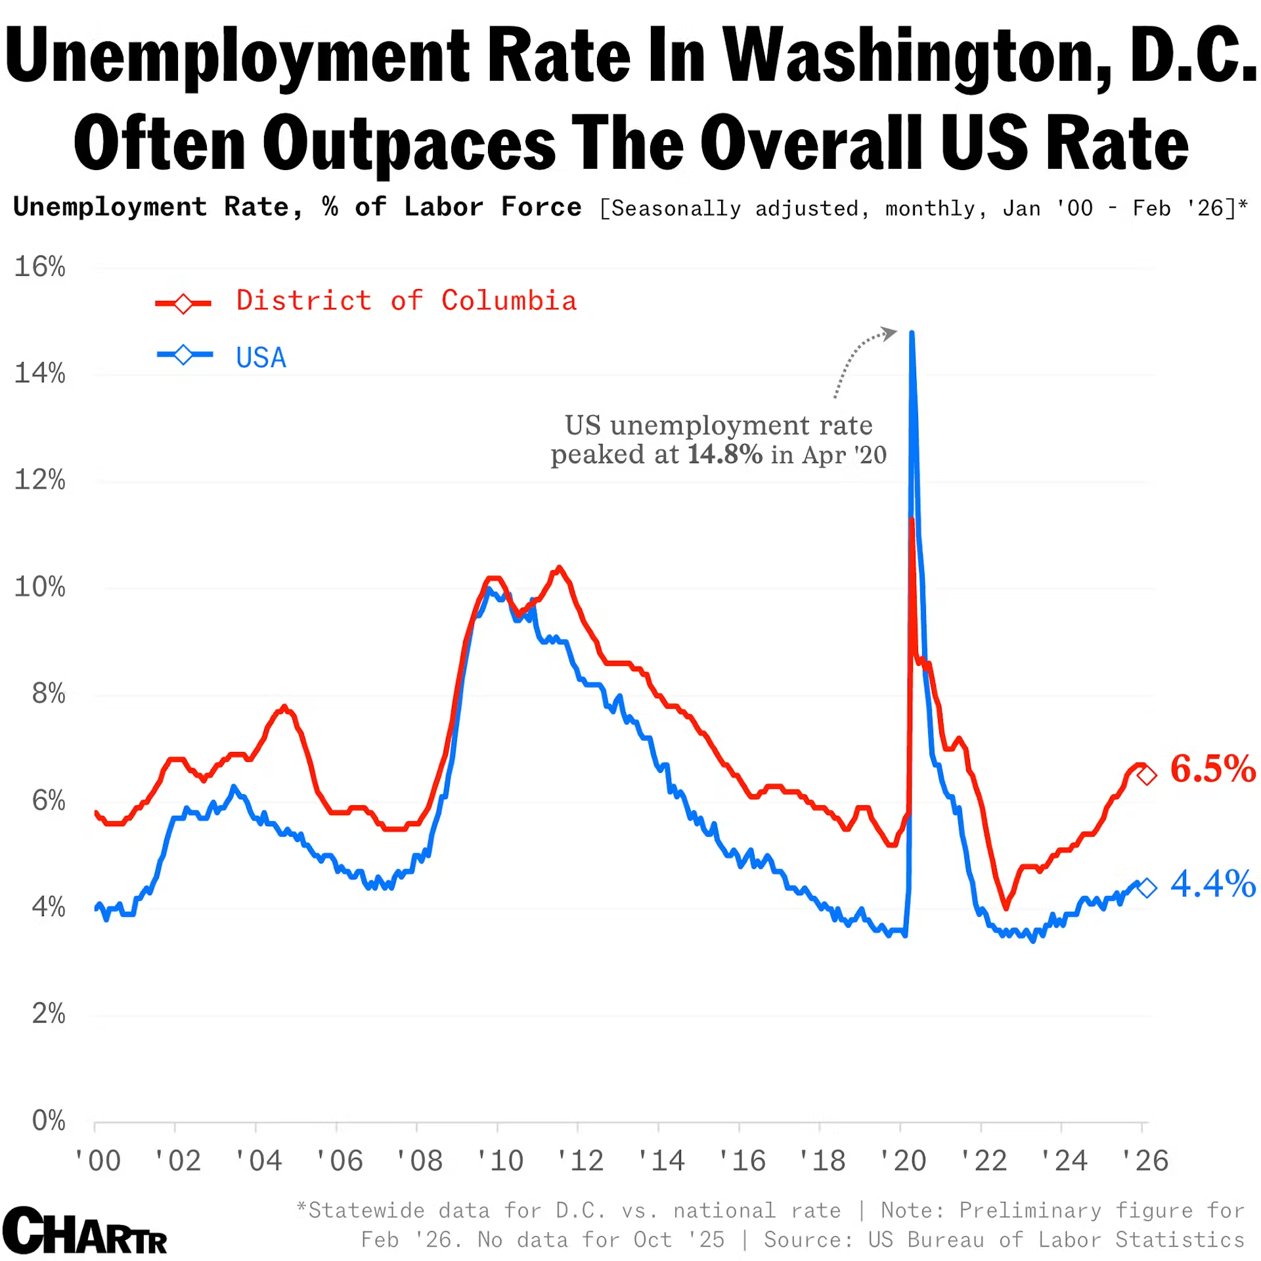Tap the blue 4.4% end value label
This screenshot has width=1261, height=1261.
1212,884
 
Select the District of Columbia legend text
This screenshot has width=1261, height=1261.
406,301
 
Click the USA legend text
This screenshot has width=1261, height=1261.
261,358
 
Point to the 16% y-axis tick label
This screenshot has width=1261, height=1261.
40,267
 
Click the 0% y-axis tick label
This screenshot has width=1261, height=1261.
49,1120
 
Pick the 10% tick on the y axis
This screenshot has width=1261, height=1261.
40,587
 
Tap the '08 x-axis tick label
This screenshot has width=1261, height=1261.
420,1161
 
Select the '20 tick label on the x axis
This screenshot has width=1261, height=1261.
903,1161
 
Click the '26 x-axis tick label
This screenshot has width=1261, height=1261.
1145,1161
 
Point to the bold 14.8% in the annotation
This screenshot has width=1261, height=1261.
724,454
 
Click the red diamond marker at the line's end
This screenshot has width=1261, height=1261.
1147,776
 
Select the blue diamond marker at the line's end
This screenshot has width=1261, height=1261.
1147,888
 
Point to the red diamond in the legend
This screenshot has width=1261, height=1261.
183,303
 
